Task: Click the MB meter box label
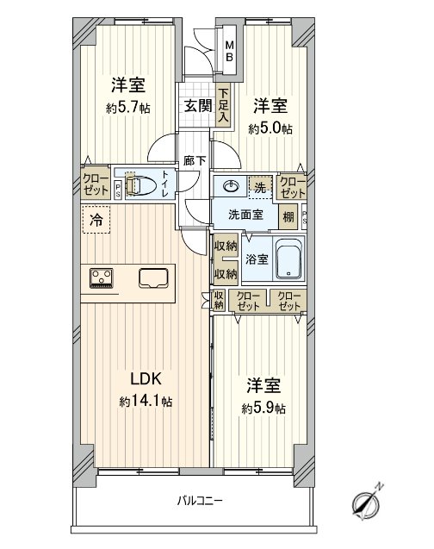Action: point(229,51)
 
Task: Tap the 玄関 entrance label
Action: point(198,105)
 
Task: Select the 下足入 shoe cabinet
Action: point(223,105)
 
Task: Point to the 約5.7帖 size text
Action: point(128,109)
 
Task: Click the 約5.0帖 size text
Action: point(270,129)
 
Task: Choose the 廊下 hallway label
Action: point(195,160)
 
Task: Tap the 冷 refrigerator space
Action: point(96,220)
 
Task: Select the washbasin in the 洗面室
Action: point(230,186)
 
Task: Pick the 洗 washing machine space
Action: point(260,187)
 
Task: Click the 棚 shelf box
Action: point(288,217)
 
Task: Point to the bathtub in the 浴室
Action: point(288,259)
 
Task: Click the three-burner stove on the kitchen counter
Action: point(102,278)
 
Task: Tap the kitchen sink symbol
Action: point(153,278)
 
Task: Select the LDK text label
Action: point(146,378)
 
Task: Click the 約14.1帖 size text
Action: point(146,402)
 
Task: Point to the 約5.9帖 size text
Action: point(263,409)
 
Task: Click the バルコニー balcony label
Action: point(200,501)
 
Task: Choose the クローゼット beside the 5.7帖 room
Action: point(95,184)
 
